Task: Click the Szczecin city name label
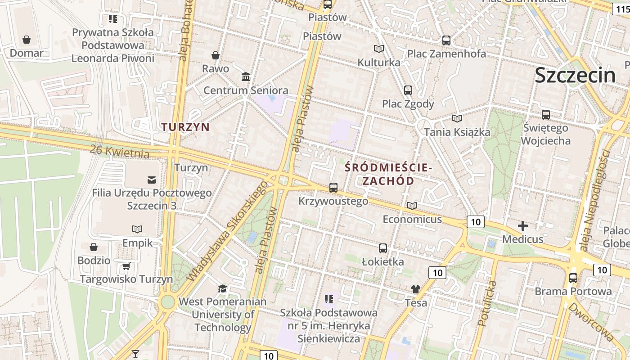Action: [575, 75]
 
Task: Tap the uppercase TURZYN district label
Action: [186, 127]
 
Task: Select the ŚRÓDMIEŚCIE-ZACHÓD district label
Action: [388, 174]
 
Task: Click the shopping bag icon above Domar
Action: [27, 40]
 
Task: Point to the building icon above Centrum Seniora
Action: [246, 77]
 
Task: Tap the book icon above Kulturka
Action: [379, 49]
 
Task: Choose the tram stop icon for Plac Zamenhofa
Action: [446, 40]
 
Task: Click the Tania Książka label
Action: [457, 132]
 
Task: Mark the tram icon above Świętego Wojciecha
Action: [546, 114]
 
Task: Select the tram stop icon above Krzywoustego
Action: [333, 188]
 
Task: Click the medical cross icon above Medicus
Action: [523, 225]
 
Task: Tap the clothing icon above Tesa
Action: [416, 289]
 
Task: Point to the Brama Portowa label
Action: [573, 291]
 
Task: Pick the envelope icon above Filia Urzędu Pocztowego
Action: [152, 180]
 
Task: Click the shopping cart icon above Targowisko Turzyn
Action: [126, 266]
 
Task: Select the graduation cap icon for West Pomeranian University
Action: [223, 288]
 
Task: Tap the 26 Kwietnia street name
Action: [119, 152]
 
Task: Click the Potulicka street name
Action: [487, 303]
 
